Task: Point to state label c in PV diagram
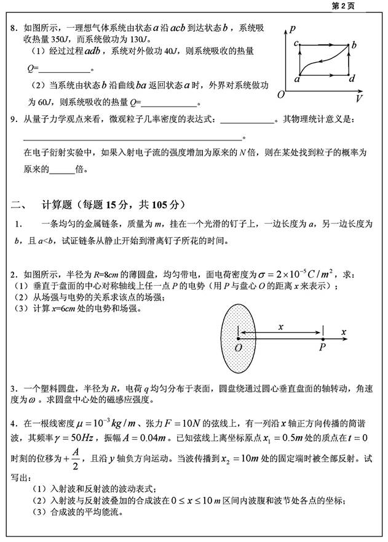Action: [x=296, y=43]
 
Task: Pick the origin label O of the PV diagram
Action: [x=280, y=95]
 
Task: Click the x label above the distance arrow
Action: [x=280, y=325]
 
